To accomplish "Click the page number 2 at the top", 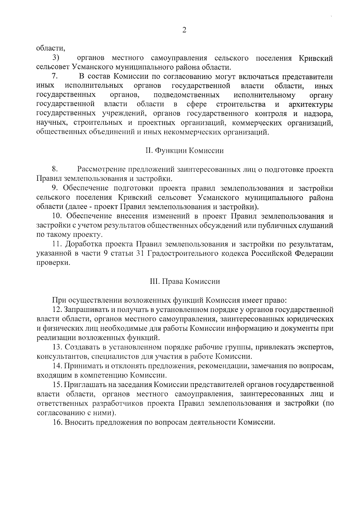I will [x=184, y=30].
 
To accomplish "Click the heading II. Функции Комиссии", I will [x=185, y=151].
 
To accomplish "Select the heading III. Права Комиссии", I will [x=185, y=282].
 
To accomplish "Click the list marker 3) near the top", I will [x=56, y=58].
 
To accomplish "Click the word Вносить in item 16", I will [x=79, y=422].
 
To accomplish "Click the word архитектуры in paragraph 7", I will [x=311, y=104].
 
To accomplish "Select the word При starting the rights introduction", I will [x=59, y=300].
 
